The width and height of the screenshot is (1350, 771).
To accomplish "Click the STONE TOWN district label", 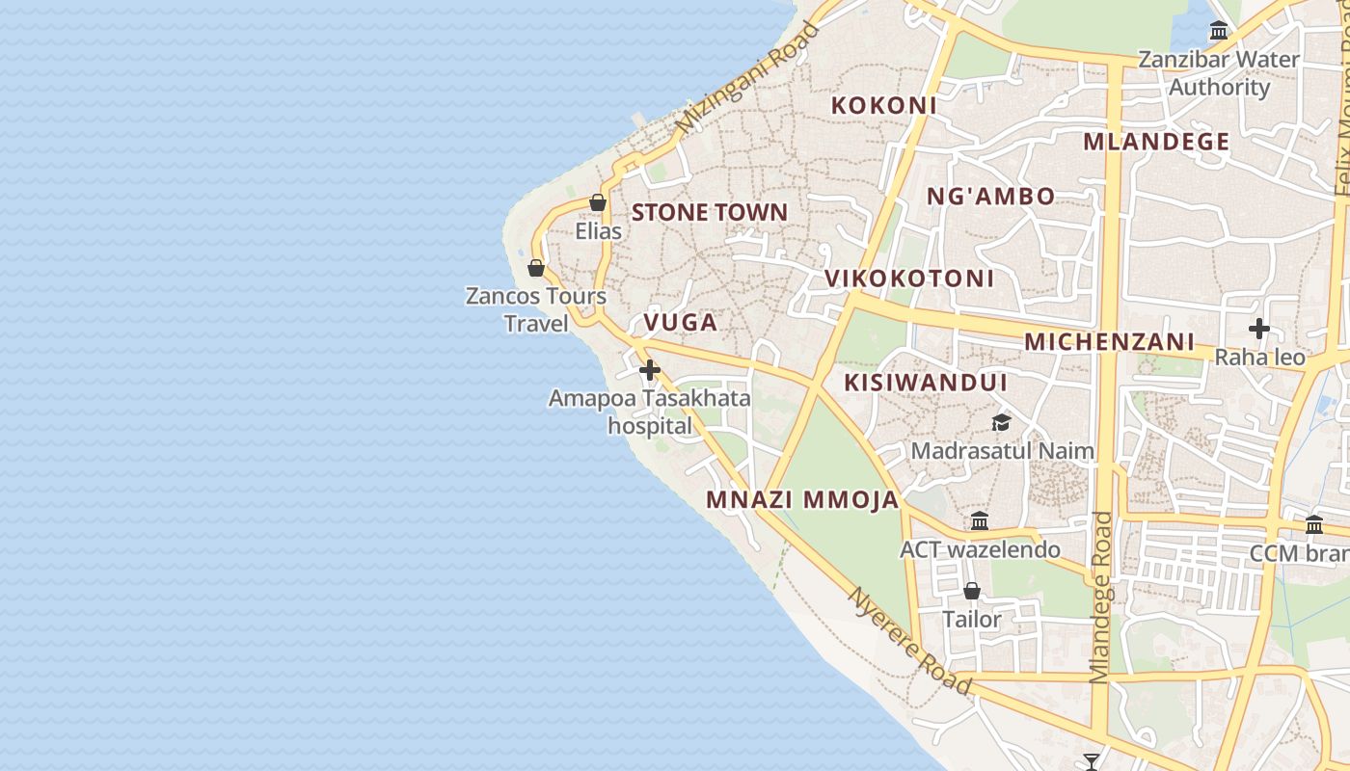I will point(709,212).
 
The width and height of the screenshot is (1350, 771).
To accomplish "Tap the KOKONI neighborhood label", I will point(883,105).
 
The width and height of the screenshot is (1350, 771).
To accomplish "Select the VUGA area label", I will point(681,322).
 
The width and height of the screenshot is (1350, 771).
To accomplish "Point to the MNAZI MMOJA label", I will point(802,499).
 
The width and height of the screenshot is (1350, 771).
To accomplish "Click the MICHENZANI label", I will point(1109,341).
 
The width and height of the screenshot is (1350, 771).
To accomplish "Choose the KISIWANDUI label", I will point(925,383).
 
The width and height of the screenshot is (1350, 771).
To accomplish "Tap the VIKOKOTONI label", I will point(908,279).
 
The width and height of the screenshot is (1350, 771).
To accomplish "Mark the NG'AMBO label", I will point(990,197).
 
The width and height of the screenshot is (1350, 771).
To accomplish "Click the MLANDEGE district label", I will point(1156,142).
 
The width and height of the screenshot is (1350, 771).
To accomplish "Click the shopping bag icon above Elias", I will point(598,203).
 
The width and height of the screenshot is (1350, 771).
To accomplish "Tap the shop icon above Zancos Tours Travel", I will point(536,268).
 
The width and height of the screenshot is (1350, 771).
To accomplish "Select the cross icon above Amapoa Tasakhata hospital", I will point(650,370).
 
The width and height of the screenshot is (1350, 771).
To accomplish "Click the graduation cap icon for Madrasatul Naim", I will point(1002,423).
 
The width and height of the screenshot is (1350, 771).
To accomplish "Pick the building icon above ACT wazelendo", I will point(980,521).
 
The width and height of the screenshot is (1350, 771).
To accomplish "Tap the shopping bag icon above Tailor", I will point(972,591).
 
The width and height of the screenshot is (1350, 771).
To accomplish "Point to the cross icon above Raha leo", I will point(1258,329).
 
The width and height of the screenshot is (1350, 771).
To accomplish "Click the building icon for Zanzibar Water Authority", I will point(1219,31).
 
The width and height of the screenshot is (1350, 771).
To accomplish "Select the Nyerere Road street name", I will point(909,641).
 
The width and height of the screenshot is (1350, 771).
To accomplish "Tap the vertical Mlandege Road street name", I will point(1101,598).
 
